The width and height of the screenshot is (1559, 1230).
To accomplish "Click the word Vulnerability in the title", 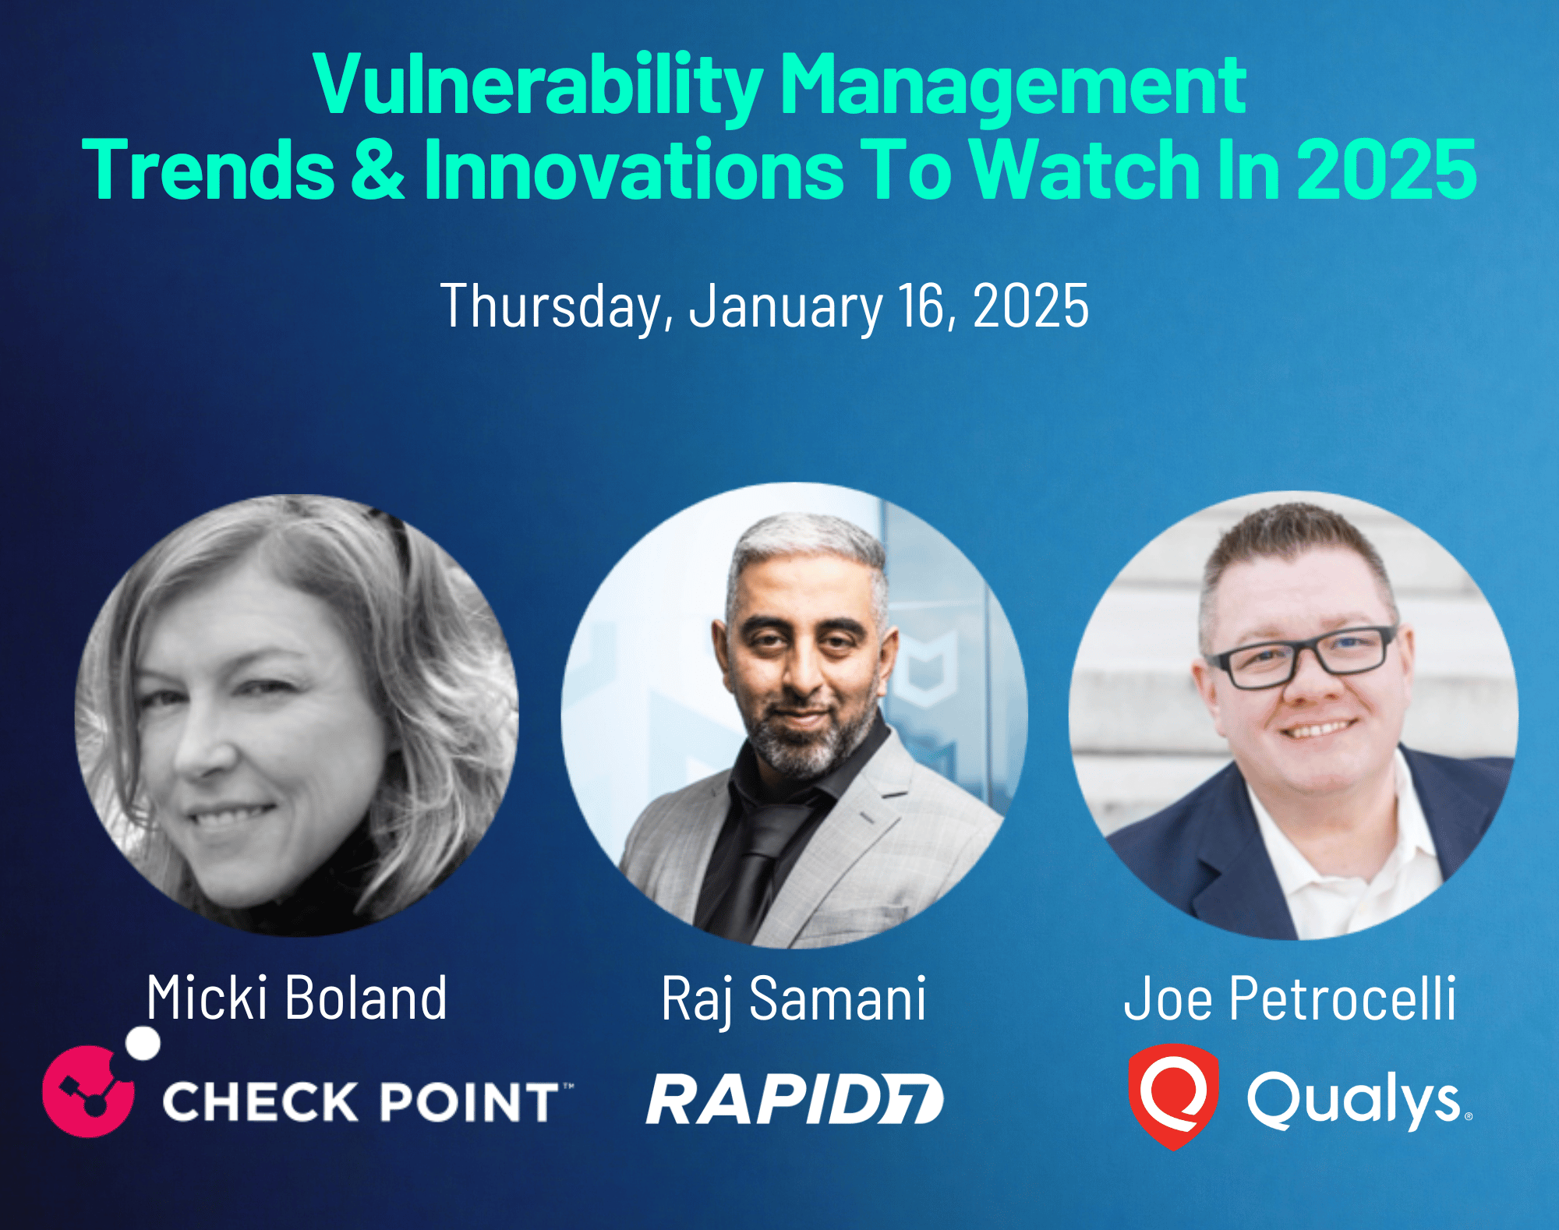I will (538, 86).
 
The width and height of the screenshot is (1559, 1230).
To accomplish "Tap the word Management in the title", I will (1013, 86).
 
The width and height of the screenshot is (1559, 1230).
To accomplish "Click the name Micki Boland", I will (297, 998).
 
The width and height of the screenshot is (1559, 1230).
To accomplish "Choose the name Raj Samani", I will (794, 999).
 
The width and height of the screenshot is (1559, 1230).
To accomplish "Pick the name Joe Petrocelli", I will (1289, 998).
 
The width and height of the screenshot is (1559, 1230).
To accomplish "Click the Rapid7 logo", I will (794, 1099).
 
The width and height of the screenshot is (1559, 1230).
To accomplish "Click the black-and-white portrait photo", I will (296, 715).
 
